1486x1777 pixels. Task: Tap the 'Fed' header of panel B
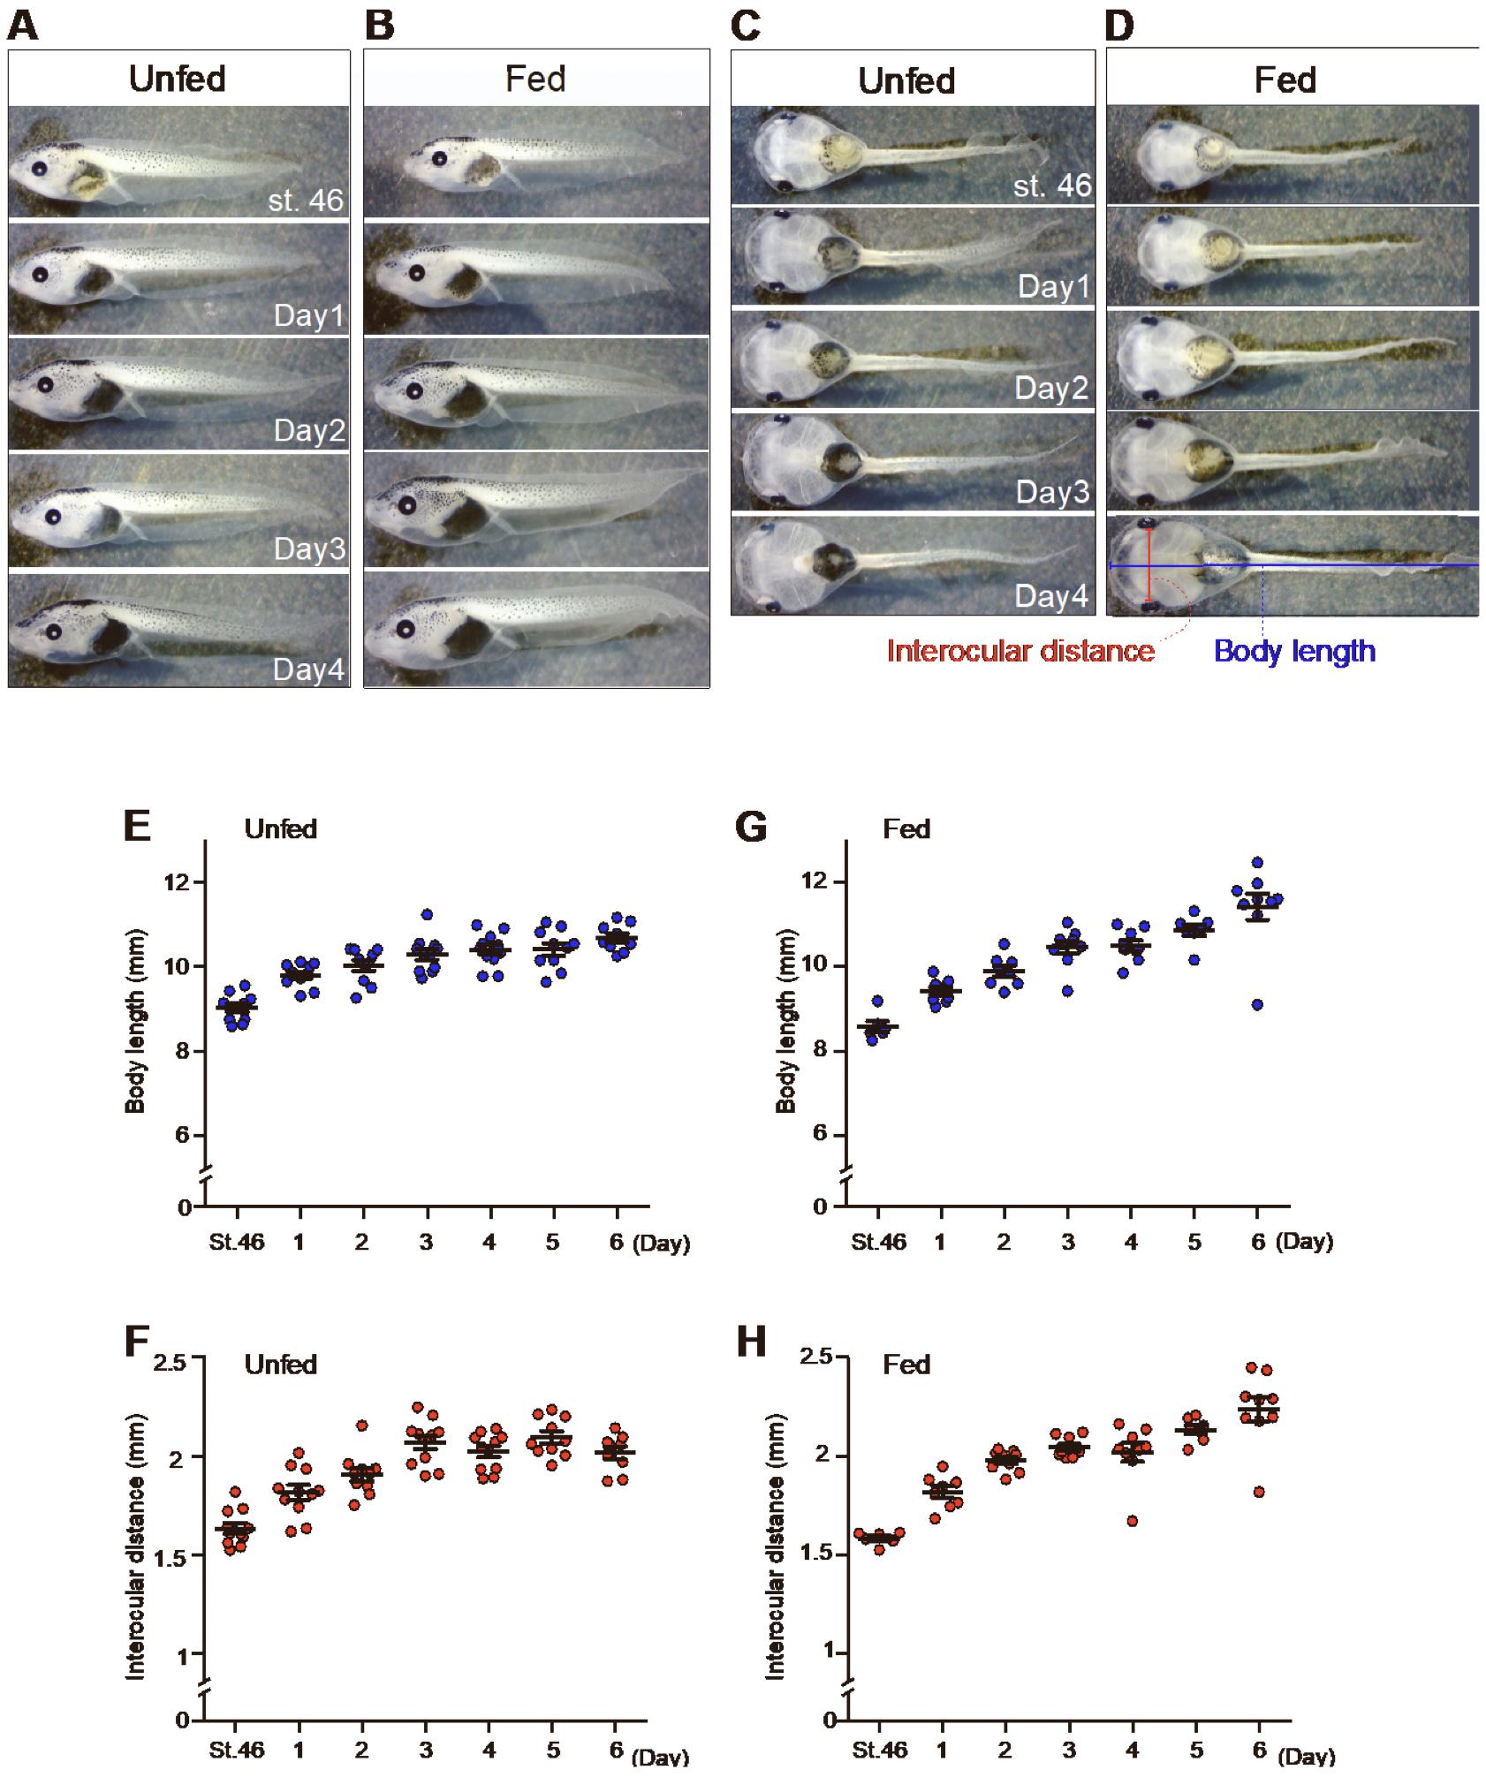535,79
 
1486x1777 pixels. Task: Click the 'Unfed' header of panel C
906,81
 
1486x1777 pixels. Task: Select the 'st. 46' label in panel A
307,200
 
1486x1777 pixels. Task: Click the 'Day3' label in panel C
1051,492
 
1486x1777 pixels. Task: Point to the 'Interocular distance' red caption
1020,651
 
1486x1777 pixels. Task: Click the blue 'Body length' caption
1294,651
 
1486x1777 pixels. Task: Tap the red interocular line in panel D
1149,565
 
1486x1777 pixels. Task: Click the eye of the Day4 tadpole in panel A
54,631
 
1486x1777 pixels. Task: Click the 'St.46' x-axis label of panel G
878,1242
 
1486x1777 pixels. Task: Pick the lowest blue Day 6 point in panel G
1257,1004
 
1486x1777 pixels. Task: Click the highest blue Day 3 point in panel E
427,915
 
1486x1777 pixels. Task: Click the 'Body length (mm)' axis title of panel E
135,1021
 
